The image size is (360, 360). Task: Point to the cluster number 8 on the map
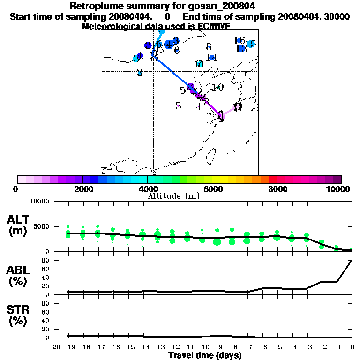coord(209,47)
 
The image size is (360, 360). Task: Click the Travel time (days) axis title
coord(204,356)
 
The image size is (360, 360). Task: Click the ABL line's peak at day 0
coord(352,260)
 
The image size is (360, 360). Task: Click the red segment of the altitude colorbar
coord(272,179)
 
